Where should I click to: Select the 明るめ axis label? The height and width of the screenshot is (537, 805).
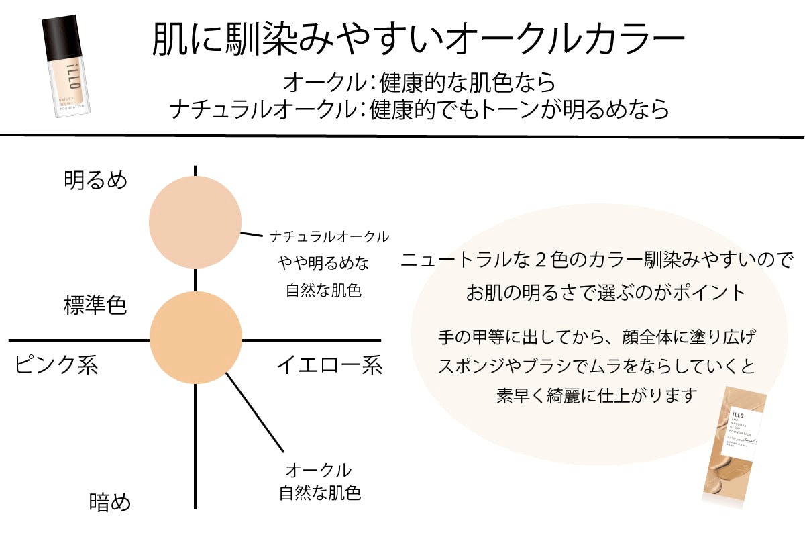coord(95,180)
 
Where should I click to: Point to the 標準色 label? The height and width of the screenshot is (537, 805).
coord(95,305)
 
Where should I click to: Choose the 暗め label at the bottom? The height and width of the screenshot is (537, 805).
coord(110,502)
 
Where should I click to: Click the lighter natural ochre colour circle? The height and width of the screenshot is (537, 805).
coord(195,223)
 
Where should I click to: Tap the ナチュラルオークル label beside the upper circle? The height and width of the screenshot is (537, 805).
coord(329,236)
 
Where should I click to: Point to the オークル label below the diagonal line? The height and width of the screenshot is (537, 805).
coord(319,469)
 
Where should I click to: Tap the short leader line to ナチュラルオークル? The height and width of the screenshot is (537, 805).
coord(251,234)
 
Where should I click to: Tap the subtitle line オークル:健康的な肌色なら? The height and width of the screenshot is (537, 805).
coord(419,83)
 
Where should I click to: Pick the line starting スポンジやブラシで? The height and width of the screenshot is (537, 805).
coord(596,366)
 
